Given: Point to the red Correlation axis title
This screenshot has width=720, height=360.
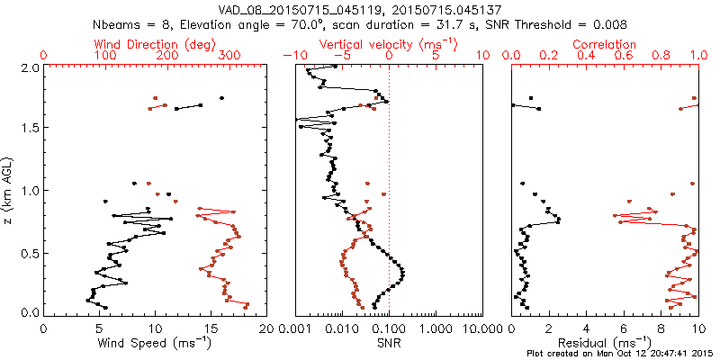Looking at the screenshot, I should (x=604, y=43).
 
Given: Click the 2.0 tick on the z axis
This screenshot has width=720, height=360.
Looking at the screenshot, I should (x=29, y=67).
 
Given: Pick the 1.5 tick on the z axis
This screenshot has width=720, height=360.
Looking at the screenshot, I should (x=29, y=129).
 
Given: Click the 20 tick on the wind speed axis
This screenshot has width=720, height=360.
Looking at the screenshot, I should (x=265, y=329).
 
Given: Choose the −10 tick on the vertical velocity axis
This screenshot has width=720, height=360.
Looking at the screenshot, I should (x=292, y=56).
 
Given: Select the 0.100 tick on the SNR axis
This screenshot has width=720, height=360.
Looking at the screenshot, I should (x=388, y=329).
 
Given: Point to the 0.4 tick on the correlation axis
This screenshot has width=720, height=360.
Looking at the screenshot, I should (x=586, y=56).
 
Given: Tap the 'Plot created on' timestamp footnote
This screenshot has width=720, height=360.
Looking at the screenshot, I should (x=618, y=353).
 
